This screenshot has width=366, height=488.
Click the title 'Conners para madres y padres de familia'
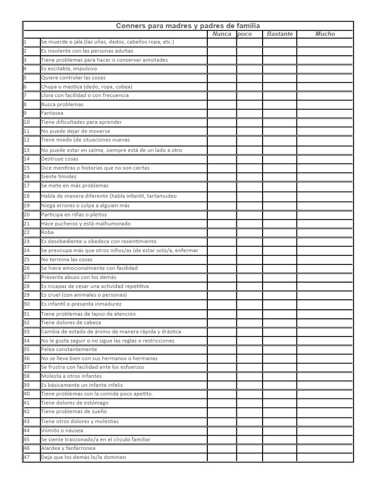(x=188, y=26)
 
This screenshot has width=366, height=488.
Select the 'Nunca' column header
(x=222, y=34)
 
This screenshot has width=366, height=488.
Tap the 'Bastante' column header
(x=280, y=34)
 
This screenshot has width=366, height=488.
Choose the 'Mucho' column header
(x=325, y=34)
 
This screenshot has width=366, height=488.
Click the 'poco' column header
(x=245, y=34)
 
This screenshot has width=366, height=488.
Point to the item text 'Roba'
(x=47, y=233)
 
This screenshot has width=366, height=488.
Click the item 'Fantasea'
(x=52, y=113)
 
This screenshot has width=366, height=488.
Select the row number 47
(x=27, y=457)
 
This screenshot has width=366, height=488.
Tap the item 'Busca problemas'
(x=62, y=104)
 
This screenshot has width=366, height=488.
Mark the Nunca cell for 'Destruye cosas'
(x=222, y=159)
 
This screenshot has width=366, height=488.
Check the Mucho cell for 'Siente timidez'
(x=325, y=176)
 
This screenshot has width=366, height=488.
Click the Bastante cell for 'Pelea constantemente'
(x=280, y=349)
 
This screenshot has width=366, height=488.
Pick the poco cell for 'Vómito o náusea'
(x=249, y=430)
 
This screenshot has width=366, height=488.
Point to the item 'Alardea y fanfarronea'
(x=68, y=448)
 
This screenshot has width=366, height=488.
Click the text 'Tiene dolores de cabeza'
(x=71, y=323)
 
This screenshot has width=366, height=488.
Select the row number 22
(x=27, y=233)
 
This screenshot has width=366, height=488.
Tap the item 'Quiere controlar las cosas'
(x=73, y=78)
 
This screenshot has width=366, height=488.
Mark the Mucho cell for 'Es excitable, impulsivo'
(x=325, y=69)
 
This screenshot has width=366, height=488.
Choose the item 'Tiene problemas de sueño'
(x=74, y=412)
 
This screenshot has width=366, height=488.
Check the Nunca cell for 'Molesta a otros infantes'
(x=222, y=376)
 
